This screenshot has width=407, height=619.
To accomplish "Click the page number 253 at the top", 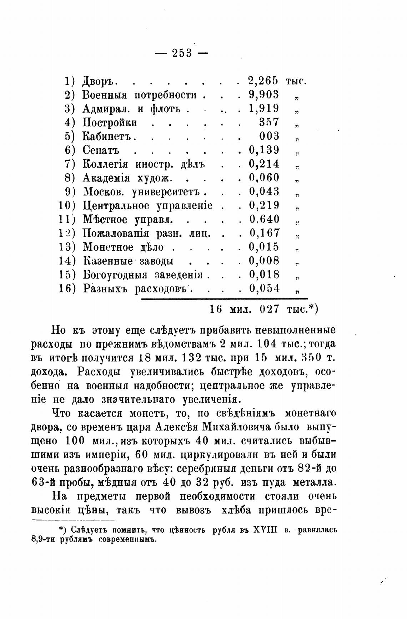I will pos(182,53).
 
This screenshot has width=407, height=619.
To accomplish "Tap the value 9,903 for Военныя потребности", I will pos(264,94).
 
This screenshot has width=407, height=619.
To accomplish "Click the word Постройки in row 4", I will pos(110,123).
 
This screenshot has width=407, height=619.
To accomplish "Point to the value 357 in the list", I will pos(269,122).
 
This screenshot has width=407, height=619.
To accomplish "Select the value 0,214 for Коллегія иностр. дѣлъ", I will pos(264,164).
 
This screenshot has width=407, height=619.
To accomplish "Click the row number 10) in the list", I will pos(67,206).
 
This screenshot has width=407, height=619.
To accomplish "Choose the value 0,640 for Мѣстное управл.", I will pos(264,219).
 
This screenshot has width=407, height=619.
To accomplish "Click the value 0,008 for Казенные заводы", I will pos(264,261).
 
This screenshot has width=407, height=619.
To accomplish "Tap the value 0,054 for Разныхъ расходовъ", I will pos(264,288).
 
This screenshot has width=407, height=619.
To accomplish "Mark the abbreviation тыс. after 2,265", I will pos(296,81).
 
